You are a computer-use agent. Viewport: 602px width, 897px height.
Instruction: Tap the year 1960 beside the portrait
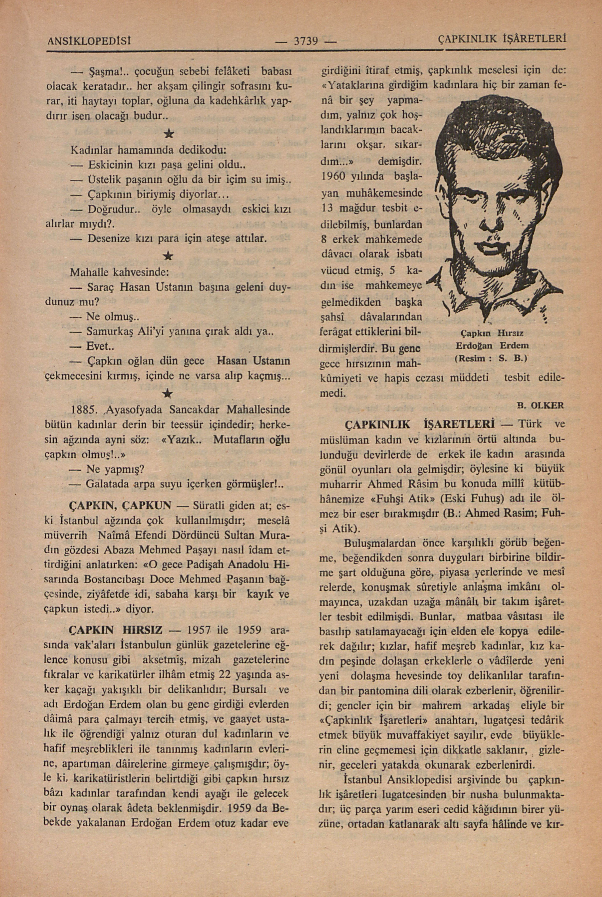point(334,176)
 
